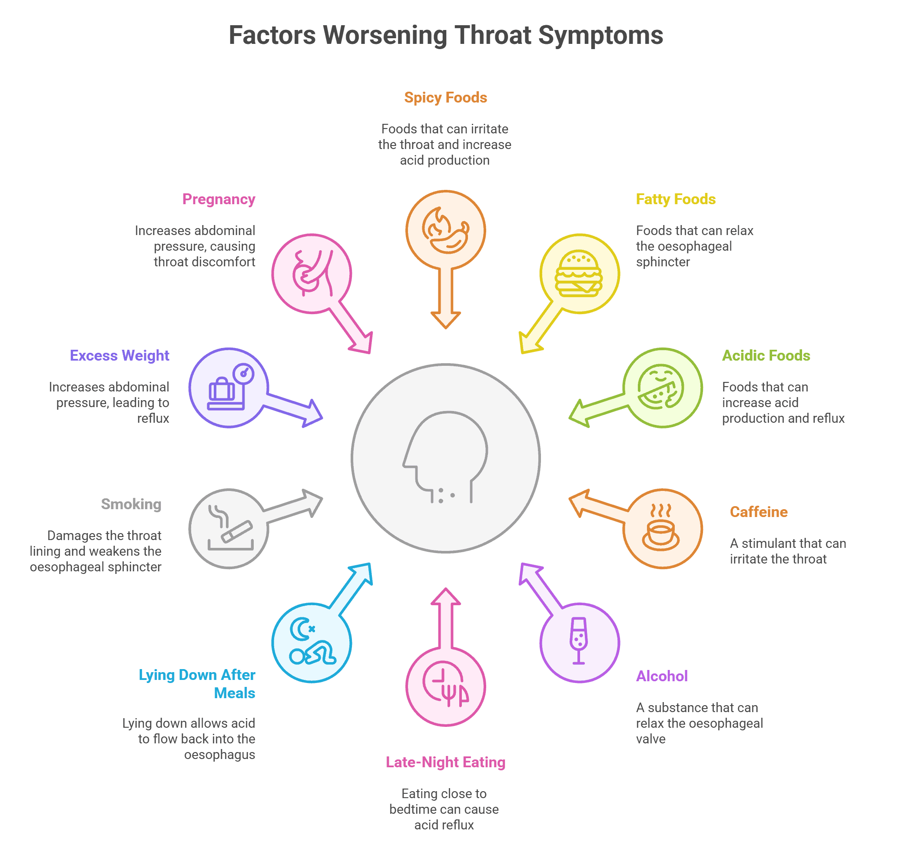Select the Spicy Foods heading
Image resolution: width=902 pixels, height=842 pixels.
(x=445, y=97)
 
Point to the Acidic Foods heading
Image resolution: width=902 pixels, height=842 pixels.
(x=766, y=355)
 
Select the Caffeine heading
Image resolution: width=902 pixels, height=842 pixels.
(x=759, y=512)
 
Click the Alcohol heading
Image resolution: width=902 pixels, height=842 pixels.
(x=662, y=676)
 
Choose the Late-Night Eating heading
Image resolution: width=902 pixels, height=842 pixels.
(x=445, y=762)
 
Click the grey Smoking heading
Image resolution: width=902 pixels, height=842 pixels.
(x=131, y=504)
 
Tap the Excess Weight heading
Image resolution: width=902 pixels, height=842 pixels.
(x=119, y=355)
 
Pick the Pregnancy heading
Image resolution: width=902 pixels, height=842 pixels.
(x=219, y=199)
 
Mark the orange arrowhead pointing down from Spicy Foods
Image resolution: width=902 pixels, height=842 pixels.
(x=445, y=320)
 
